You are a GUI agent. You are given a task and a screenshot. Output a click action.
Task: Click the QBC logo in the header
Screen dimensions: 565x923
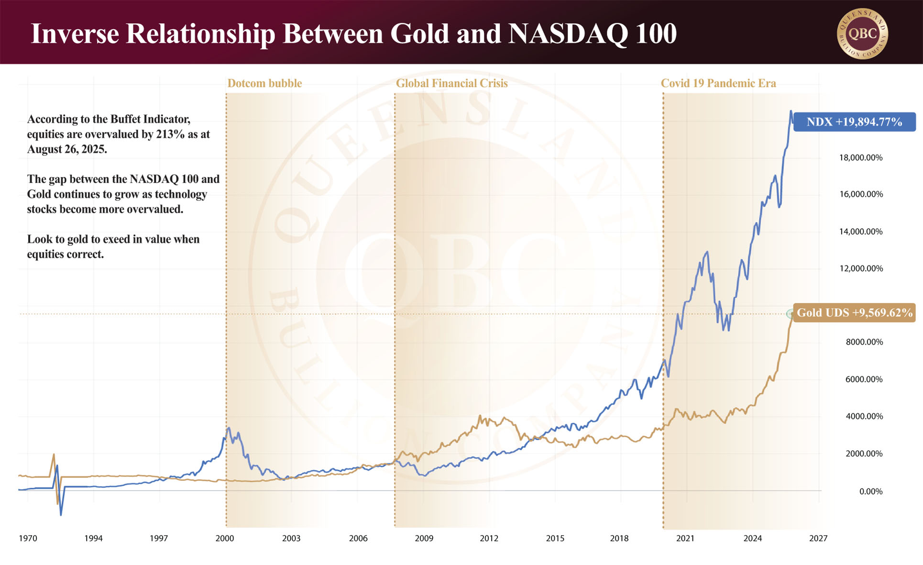click(862, 33)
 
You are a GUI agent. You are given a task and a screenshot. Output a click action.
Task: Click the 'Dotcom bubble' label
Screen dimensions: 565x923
click(264, 83)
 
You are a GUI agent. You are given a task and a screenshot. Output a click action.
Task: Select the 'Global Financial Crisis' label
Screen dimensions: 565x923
click(451, 83)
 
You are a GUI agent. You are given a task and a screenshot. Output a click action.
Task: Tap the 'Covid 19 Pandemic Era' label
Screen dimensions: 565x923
click(718, 83)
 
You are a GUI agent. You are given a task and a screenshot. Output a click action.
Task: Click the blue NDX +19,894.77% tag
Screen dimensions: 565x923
click(854, 122)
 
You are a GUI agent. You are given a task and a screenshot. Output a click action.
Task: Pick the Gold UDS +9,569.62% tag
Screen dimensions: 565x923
click(854, 313)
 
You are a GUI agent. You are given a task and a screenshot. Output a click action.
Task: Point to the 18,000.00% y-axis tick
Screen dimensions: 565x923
click(861, 157)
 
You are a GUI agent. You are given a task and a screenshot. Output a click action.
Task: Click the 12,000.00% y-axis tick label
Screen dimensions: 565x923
click(861, 268)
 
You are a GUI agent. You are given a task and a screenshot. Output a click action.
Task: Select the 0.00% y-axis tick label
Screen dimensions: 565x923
click(870, 491)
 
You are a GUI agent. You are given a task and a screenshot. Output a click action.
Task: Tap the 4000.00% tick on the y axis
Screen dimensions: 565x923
click(864, 416)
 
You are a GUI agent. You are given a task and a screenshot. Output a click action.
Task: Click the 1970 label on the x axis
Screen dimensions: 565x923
click(28, 538)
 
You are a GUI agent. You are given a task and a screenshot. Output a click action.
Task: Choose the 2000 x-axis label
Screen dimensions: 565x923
click(225, 538)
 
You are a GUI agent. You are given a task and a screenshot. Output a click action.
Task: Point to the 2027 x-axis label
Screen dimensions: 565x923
click(818, 538)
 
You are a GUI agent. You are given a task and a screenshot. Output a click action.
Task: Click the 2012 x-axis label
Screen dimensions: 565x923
click(489, 538)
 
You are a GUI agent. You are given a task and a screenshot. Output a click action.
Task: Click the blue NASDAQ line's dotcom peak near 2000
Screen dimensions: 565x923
click(229, 428)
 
